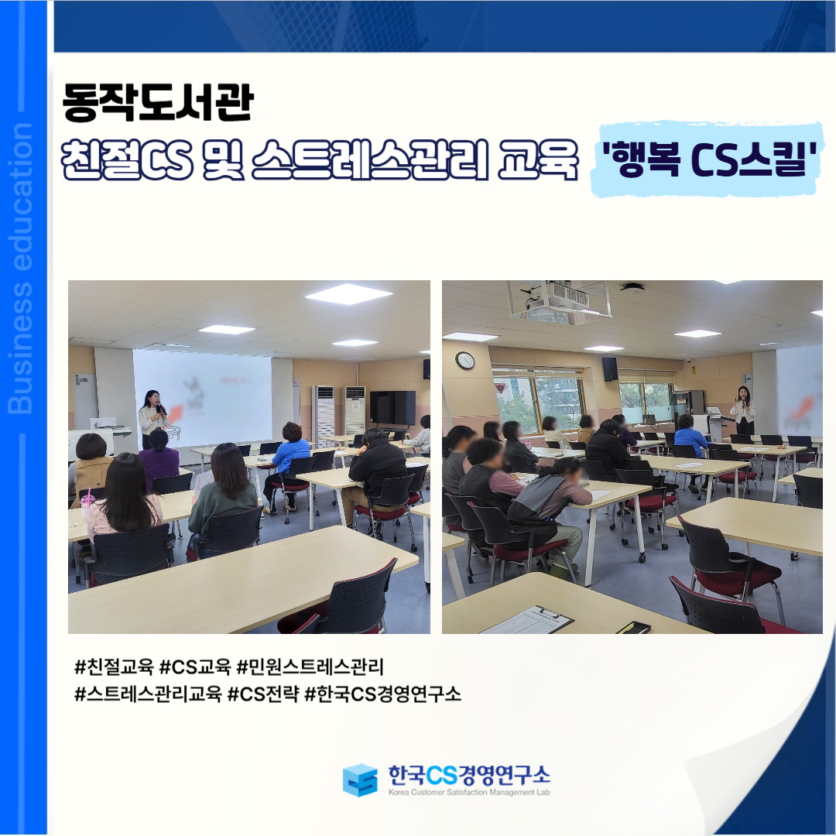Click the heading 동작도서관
pos(158,103)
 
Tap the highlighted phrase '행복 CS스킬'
pos(709,159)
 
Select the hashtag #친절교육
pos(114,666)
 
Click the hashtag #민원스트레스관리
pos(310,666)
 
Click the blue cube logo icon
pos(360,779)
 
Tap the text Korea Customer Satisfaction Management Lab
pos(469,793)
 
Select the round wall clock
pos(465,361)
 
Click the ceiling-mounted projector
pos(558,299)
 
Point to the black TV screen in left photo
pos(392,408)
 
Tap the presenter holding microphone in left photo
pos(153,418)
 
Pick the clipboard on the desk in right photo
pos(527,620)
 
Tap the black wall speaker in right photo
pos(610,369)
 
